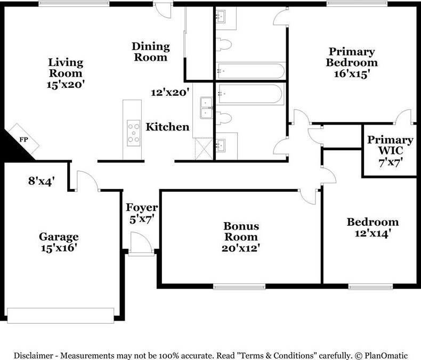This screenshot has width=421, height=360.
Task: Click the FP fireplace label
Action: (x=23, y=140)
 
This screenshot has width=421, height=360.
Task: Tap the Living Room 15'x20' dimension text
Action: (x=66, y=85)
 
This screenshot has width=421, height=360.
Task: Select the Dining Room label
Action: (x=151, y=52)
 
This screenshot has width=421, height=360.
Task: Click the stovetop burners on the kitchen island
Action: (x=133, y=133)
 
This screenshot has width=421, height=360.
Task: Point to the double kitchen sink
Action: (x=206, y=108)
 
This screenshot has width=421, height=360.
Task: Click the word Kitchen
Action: (x=167, y=127)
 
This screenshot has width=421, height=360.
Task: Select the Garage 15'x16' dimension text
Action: (x=59, y=248)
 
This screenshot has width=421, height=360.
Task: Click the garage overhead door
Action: (x=61, y=315)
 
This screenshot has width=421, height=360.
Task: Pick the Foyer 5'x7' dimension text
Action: (x=142, y=219)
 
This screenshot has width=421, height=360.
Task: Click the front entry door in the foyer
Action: (x=142, y=243)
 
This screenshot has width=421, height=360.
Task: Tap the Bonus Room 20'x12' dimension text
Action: (x=240, y=248)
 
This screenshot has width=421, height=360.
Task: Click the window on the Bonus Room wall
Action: (x=239, y=287)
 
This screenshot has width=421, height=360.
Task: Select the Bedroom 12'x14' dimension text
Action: (x=373, y=233)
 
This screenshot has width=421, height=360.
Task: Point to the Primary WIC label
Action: (x=390, y=145)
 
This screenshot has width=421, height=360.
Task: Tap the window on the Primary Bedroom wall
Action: (x=357, y=4)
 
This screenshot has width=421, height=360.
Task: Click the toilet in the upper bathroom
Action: (x=224, y=44)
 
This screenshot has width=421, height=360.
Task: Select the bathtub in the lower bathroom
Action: (x=250, y=94)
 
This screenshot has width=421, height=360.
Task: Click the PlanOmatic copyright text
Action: (x=381, y=356)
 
